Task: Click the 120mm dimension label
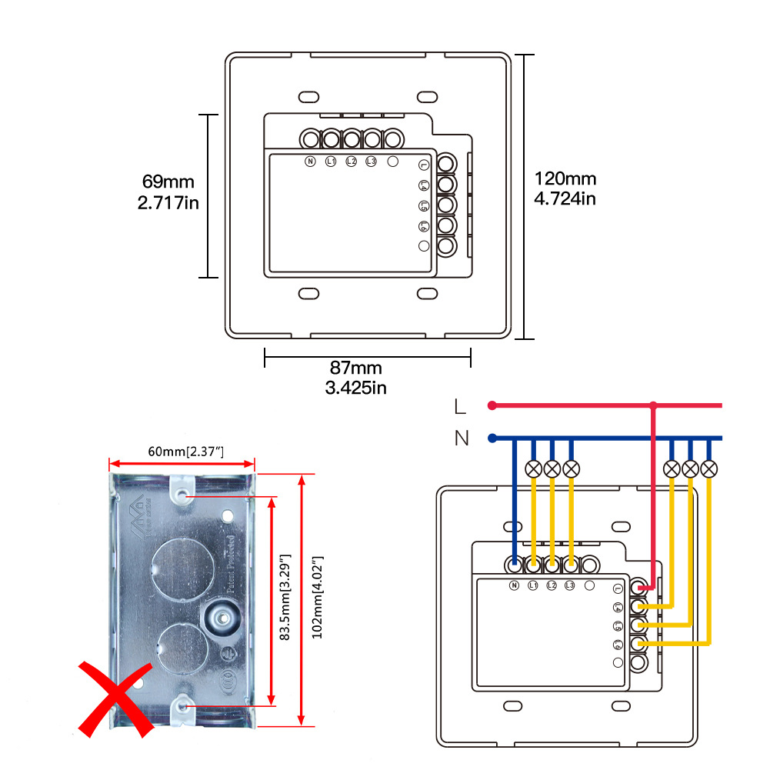pyautogui.click(x=565, y=179)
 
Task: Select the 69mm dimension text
pyautogui.click(x=168, y=182)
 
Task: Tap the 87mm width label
pyautogui.click(x=355, y=368)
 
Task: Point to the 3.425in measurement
pyautogui.click(x=355, y=387)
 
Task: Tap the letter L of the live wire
pyautogui.click(x=460, y=406)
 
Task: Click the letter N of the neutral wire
pyautogui.click(x=461, y=438)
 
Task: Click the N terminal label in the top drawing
pyautogui.click(x=311, y=162)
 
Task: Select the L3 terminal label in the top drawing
pyautogui.click(x=371, y=162)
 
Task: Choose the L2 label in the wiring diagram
pyautogui.click(x=551, y=586)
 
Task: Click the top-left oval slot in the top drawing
pyautogui.click(x=308, y=97)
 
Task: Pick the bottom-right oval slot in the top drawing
pyautogui.click(x=427, y=294)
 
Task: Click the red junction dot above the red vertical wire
pyautogui.click(x=653, y=405)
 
